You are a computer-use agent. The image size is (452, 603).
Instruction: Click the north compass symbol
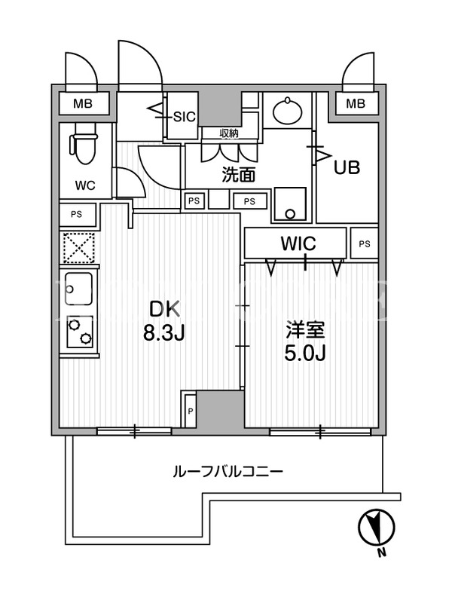pyautogui.click(x=376, y=527)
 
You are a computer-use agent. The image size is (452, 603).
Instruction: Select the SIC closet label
pyautogui.click(x=185, y=116)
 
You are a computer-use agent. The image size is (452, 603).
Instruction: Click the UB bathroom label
pyautogui.click(x=347, y=167)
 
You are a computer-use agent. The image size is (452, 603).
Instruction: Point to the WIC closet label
pyautogui.click(x=298, y=243)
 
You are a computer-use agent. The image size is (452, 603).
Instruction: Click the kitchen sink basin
pyautogui.click(x=79, y=289)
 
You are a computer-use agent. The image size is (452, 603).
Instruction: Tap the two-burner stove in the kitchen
pyautogui.click(x=79, y=332)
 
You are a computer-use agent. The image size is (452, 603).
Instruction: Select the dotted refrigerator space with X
pyautogui.click(x=79, y=247)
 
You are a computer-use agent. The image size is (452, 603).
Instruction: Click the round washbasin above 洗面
pyautogui.click(x=287, y=111)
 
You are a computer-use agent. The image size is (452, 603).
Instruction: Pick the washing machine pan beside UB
pyautogui.click(x=290, y=204)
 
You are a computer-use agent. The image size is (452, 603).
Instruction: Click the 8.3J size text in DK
pyautogui.click(x=164, y=333)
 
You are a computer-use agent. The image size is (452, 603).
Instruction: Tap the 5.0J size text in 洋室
pyautogui.click(x=305, y=353)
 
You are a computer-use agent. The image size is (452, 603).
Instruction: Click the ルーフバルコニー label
pyautogui.click(x=228, y=472)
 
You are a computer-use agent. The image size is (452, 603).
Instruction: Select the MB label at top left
pyautogui.click(x=83, y=104)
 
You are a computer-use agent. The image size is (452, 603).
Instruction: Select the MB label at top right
pyautogui.click(x=356, y=103)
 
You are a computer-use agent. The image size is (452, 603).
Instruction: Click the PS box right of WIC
pyautogui.click(x=365, y=243)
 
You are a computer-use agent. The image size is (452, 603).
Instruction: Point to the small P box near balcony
pyautogui.click(x=190, y=411)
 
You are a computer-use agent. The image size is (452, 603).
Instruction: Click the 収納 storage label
pyautogui.click(x=229, y=133)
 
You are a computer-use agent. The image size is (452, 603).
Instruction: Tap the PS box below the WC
pyautogui.click(x=77, y=214)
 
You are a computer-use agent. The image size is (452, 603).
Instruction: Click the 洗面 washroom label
pyautogui.click(x=239, y=176)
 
